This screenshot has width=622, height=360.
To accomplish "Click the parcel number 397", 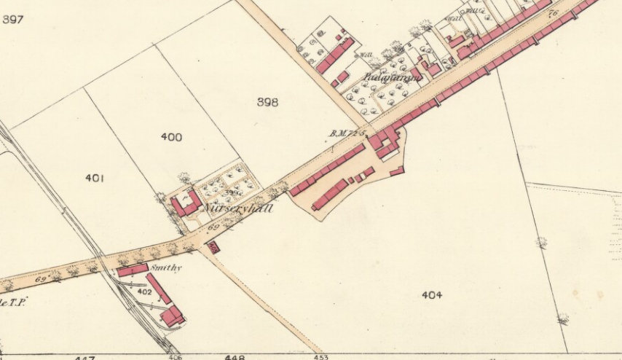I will tap(13, 19).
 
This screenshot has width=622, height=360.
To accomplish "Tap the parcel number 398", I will tap(267, 103).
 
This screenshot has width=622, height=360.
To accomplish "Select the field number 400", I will tap(172, 137).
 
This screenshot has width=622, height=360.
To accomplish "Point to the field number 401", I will tap(95, 178).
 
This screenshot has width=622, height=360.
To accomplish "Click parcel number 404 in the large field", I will tap(432, 295).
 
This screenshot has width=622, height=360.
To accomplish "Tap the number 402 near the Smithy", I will tap(144, 291).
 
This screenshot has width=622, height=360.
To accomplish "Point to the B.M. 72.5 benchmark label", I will tap(346, 133).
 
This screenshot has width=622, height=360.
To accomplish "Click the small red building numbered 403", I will tap(213, 248).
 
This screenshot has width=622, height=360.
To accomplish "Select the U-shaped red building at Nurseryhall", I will tap(185, 205).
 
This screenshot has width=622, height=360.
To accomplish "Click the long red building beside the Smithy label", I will tap(158, 288).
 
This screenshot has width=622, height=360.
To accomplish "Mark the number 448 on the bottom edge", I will tap(235, 357).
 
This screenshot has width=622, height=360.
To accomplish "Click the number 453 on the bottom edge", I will tap(320, 357).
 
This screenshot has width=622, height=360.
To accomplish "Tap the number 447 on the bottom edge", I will tap(86, 358).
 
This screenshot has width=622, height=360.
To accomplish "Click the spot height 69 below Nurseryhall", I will tap(213, 230).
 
